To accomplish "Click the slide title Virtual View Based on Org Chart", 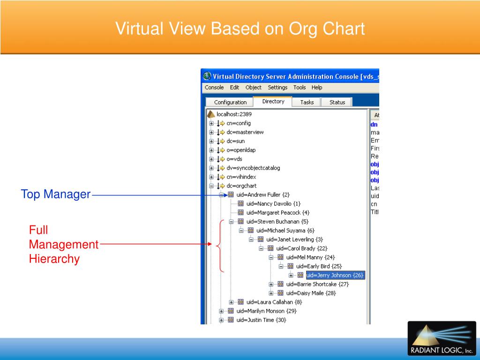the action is click(240, 29).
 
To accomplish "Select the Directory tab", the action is click(273, 101).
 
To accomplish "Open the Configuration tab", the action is click(230, 102).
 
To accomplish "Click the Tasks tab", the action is click(307, 102).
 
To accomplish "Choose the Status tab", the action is click(337, 102).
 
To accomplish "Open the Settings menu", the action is click(277, 88).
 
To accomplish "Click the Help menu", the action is click(317, 88).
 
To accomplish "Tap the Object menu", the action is click(254, 88).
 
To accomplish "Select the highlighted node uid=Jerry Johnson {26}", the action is click(335, 275).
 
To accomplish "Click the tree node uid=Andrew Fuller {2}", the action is click(263, 195).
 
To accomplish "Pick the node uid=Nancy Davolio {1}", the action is click(273, 203).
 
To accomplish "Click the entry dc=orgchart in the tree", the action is click(241, 186).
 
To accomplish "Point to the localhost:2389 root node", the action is click(234, 114).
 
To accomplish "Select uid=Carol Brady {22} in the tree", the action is click(301, 248).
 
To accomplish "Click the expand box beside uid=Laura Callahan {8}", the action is click(231, 302).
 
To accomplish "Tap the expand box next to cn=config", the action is click(211, 123).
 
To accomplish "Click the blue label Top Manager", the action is click(55, 194).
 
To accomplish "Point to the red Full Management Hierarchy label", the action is click(63, 244).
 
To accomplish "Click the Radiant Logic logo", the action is click(442, 338).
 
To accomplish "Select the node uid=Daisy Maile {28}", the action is click(311, 293).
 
